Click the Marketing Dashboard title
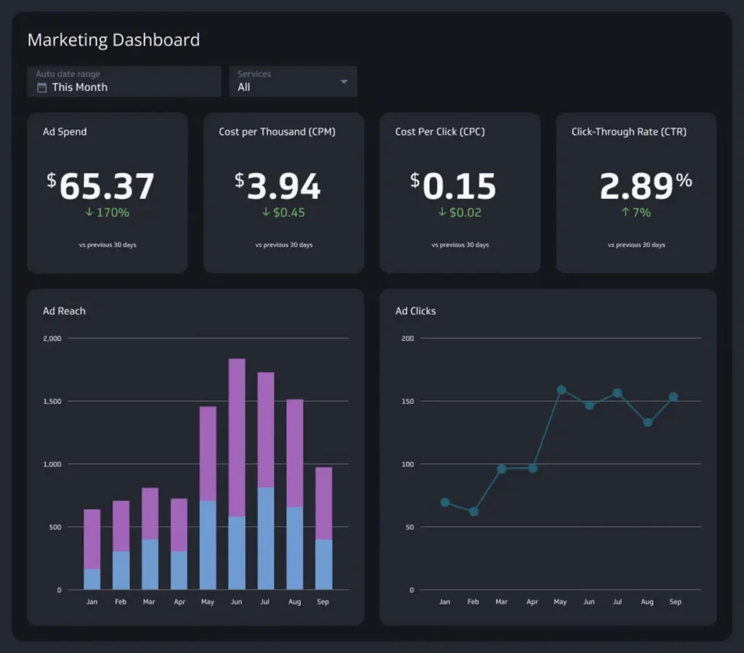tap(113, 40)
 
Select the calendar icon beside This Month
tap(42, 87)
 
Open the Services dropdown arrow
tap(344, 81)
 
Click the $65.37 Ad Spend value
tap(100, 186)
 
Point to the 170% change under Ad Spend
tap(106, 213)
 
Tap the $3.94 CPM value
tap(278, 186)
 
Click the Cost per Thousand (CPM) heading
tap(277, 131)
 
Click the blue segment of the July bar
tap(266, 538)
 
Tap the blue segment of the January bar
tap(92, 579)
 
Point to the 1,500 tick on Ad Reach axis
tap(52, 401)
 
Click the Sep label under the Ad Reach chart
tap(323, 601)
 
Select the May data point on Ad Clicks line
tap(561, 390)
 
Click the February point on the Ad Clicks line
tap(474, 511)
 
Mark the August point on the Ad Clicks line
tap(647, 422)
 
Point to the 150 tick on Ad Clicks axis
tap(408, 401)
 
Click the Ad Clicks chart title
tap(415, 311)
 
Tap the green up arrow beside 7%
tap(625, 213)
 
